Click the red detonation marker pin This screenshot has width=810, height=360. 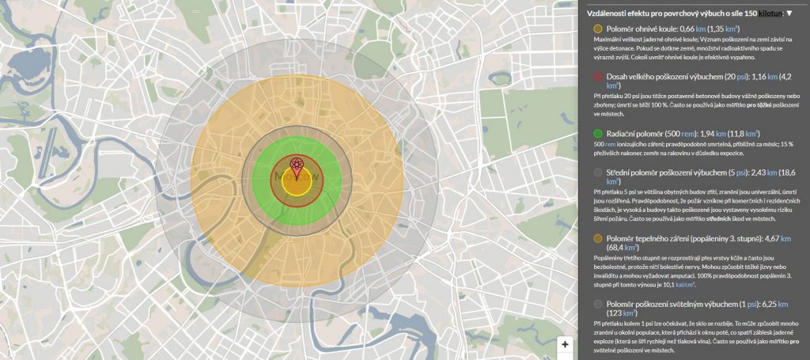(x=297, y=164)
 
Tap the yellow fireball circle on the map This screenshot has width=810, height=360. (x=296, y=184)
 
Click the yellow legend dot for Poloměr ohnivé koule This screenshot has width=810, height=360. (x=597, y=28)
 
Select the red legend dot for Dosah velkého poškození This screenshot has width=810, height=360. (x=597, y=77)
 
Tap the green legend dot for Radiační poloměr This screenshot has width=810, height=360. (x=597, y=134)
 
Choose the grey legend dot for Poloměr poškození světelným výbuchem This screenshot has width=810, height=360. (x=597, y=304)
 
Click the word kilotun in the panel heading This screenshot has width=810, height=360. (x=769, y=13)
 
